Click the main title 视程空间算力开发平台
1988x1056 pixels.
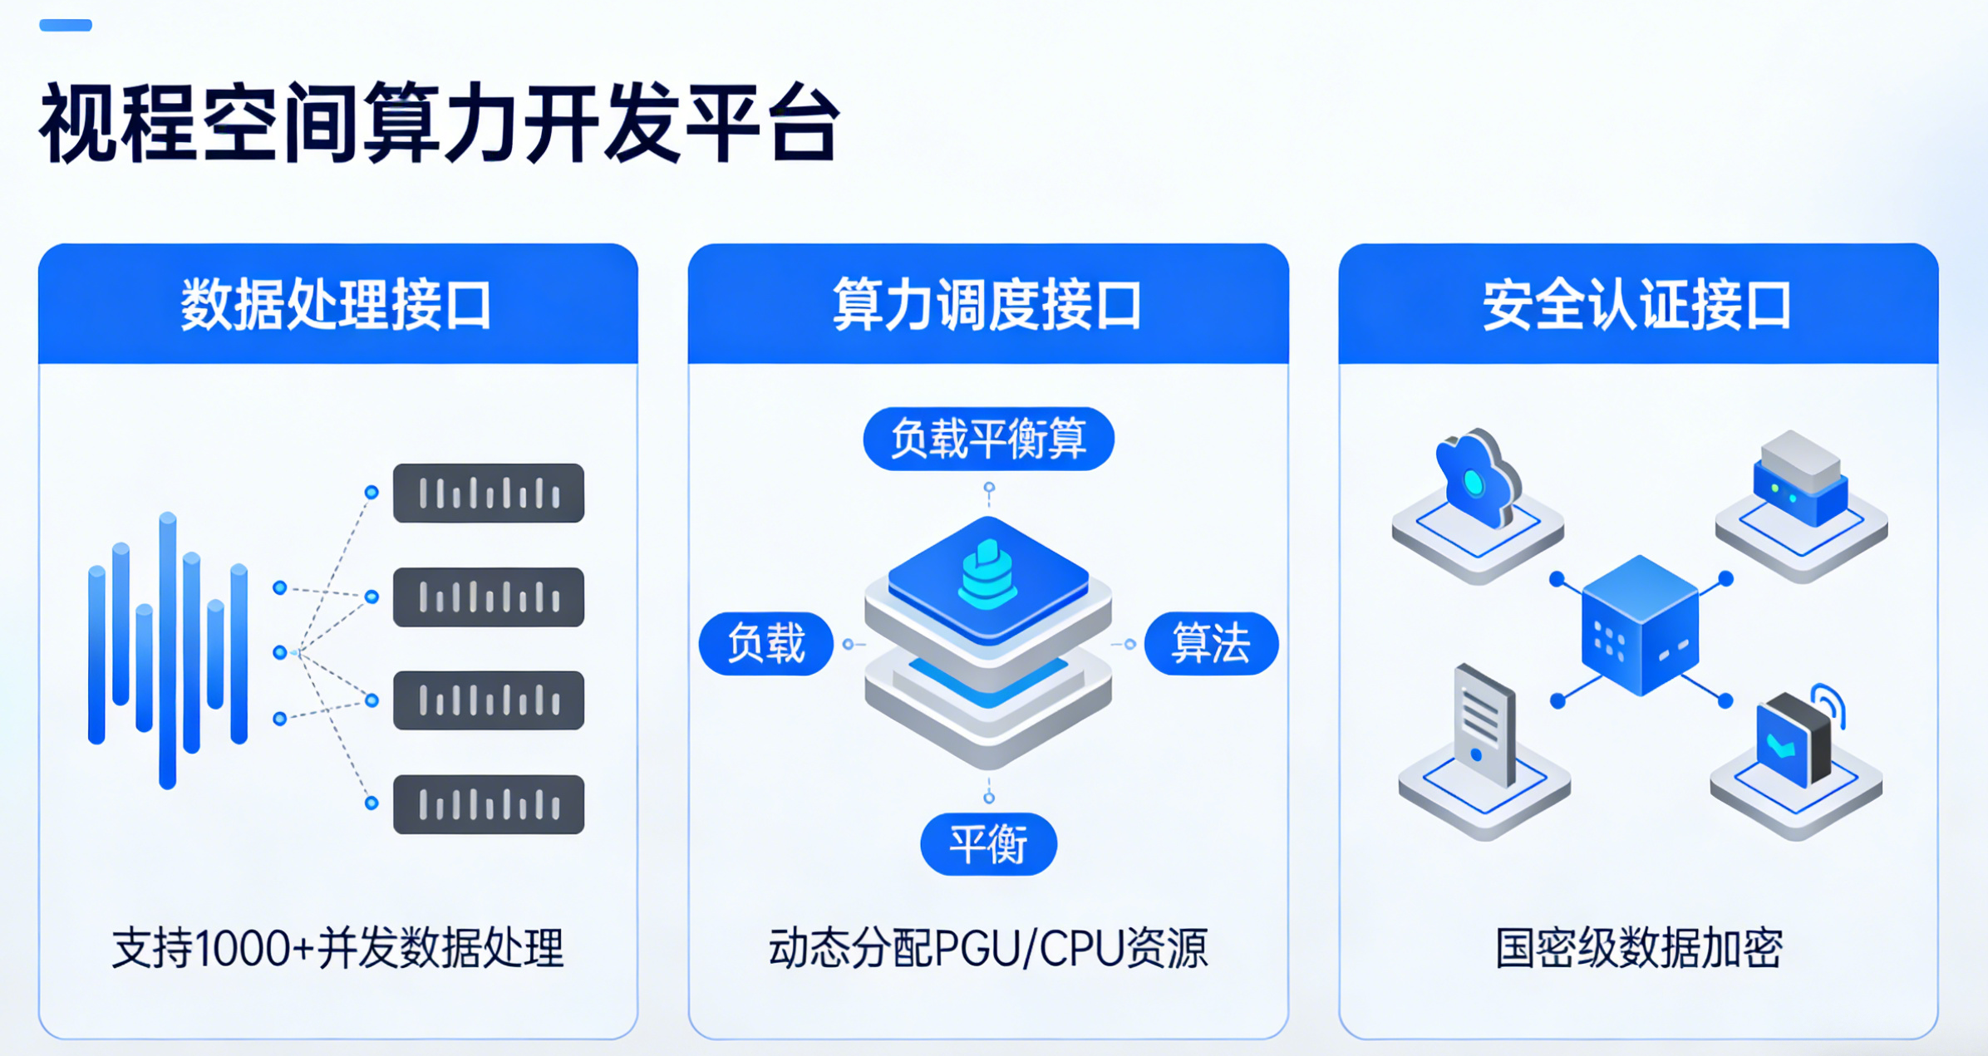click(x=440, y=123)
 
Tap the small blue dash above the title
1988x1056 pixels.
click(x=66, y=25)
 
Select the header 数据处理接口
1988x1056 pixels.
click(x=337, y=305)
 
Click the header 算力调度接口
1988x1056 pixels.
click(x=987, y=305)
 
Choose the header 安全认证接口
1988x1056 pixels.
click(x=1637, y=305)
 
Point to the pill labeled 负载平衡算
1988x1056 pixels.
click(x=988, y=439)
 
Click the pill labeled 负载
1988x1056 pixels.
click(x=765, y=644)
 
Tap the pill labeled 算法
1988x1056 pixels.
click(x=1211, y=644)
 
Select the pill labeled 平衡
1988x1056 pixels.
click(x=988, y=844)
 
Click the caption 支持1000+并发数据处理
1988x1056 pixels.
click(x=337, y=948)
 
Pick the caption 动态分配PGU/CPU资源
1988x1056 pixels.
click(x=987, y=948)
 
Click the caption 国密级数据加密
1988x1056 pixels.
click(x=1638, y=948)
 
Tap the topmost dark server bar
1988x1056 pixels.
click(x=489, y=493)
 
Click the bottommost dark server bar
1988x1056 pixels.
click(x=489, y=804)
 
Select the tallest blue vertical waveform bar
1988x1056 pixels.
click(x=168, y=650)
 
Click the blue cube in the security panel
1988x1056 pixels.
click(x=1640, y=626)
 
